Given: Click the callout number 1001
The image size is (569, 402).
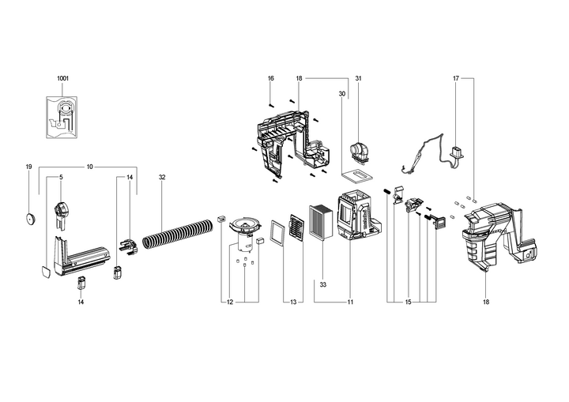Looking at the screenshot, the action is [x=62, y=78].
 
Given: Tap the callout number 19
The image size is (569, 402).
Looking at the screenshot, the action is [x=28, y=167].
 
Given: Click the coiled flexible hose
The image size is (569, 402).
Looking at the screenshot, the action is [x=178, y=234].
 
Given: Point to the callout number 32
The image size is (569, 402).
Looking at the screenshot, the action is [x=162, y=178].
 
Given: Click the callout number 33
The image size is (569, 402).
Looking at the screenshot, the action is [x=323, y=285].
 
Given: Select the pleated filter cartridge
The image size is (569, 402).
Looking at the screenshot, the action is [x=320, y=223].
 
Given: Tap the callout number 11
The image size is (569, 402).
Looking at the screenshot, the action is [x=350, y=302].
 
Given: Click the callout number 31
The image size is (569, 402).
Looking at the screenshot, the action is [x=359, y=78].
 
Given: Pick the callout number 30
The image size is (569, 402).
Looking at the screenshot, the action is [x=342, y=94].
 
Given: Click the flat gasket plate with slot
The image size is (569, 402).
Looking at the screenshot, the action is [x=357, y=175].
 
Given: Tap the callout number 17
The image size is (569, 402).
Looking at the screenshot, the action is [x=456, y=78].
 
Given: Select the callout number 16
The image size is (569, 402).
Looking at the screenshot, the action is [x=271, y=78].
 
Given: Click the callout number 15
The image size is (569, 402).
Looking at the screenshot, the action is [x=409, y=302].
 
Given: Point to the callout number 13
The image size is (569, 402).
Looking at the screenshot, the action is [x=293, y=302].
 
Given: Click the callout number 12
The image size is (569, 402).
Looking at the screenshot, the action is [x=230, y=302].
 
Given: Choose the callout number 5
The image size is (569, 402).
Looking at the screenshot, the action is [x=61, y=178].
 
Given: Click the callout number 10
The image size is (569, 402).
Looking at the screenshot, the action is [x=89, y=167].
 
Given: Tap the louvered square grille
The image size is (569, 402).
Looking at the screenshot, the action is [x=296, y=225].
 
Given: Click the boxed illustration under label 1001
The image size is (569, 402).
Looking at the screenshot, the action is [x=62, y=117].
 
